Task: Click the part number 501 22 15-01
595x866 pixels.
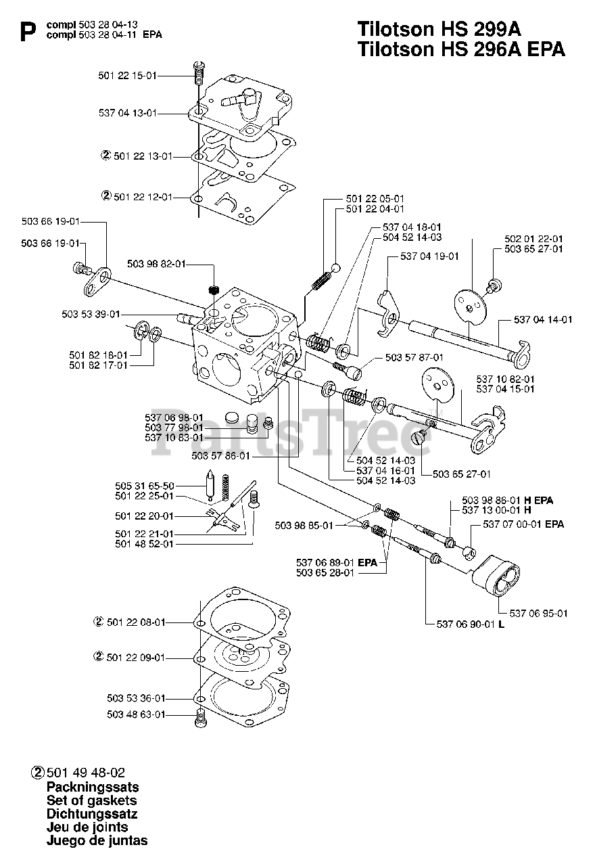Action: pyautogui.click(x=128, y=76)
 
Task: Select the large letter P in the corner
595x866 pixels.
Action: pyautogui.click(x=28, y=31)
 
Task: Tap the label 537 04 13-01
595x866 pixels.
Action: pyautogui.click(x=128, y=113)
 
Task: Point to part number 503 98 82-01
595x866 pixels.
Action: pyautogui.click(x=156, y=264)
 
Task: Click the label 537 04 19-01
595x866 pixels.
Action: pyautogui.click(x=429, y=256)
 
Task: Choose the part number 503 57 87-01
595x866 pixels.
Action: pyautogui.click(x=414, y=358)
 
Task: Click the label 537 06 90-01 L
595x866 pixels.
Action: pyautogui.click(x=471, y=624)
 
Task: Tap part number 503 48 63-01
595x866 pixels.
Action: pyautogui.click(x=137, y=714)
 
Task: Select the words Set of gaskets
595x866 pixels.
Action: pyautogui.click(x=91, y=800)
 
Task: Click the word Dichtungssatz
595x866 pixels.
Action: pyautogui.click(x=92, y=814)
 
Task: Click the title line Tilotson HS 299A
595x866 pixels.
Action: pyautogui.click(x=439, y=29)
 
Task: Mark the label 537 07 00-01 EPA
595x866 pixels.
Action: pyautogui.click(x=523, y=524)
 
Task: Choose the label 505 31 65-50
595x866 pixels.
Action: pyautogui.click(x=145, y=486)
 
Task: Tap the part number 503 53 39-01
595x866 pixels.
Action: pyautogui.click(x=91, y=315)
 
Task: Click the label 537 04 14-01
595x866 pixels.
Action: pyautogui.click(x=543, y=320)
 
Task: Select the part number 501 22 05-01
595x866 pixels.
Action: pyautogui.click(x=375, y=199)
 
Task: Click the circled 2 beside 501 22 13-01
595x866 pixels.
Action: pyautogui.click(x=106, y=156)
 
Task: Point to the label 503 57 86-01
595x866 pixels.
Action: pyautogui.click(x=221, y=456)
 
